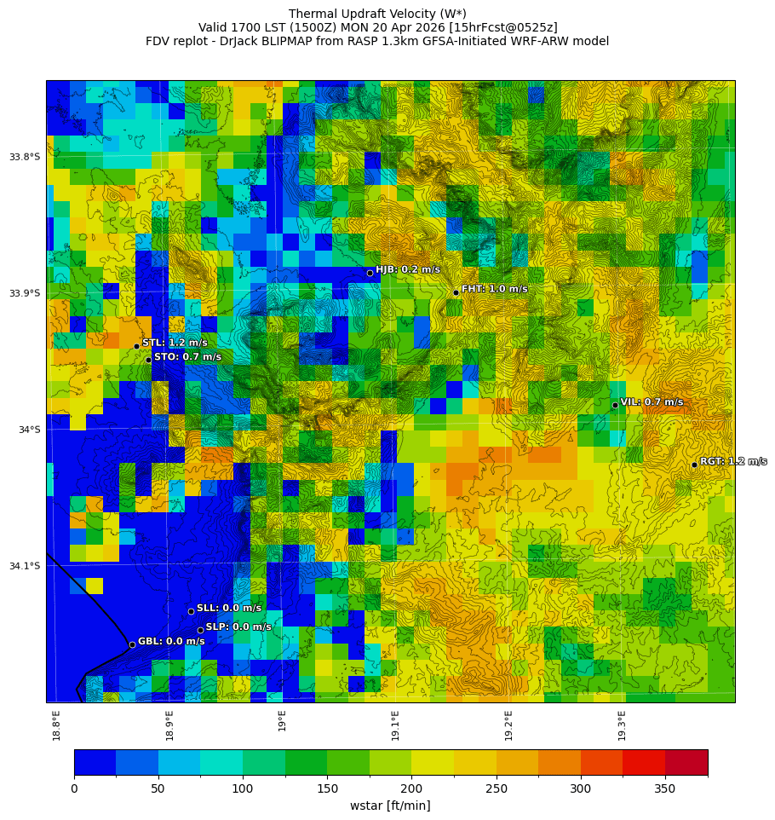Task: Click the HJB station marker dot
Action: point(370,273)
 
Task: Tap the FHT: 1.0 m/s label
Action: point(494,289)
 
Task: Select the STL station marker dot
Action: point(136,346)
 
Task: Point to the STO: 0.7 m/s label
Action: point(187,357)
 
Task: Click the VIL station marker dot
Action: point(615,405)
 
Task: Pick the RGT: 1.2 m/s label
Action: point(732,461)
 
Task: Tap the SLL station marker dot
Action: point(191,611)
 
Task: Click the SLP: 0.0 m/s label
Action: point(238,627)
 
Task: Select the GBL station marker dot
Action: point(132,644)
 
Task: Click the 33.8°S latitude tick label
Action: point(25,157)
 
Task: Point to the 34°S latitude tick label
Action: point(29,430)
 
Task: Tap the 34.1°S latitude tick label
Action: point(25,566)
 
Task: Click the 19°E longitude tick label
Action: point(282,721)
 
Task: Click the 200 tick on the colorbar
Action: point(411,789)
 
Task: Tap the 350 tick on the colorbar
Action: point(665,789)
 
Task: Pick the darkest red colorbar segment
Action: point(686,762)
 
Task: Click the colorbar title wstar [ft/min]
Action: point(390,806)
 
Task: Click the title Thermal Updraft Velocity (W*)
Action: point(377,14)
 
